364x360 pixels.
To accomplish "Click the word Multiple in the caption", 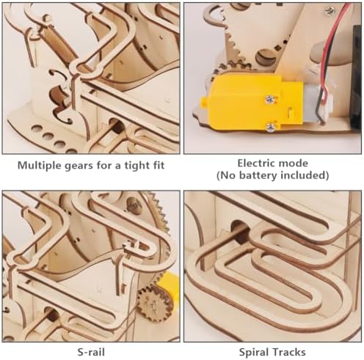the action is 40,166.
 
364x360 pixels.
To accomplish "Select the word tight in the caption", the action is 136,166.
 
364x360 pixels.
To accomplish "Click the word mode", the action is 294,164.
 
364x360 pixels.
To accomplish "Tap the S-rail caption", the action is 91,352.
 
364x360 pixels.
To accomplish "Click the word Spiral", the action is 254,353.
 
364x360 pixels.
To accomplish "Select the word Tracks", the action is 288,352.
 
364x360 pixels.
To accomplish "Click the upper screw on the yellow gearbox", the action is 272,99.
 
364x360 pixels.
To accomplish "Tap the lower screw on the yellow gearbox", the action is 271,127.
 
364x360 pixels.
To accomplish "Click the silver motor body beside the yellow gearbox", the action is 313,103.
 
